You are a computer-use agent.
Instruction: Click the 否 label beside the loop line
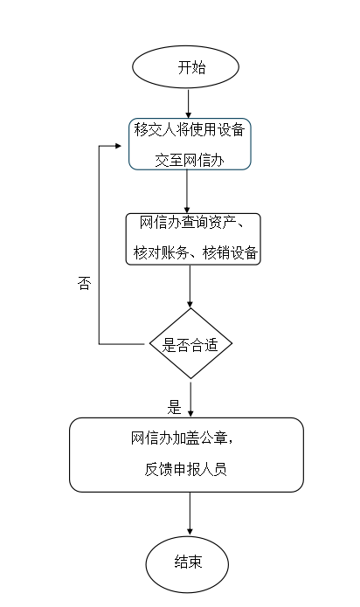click(85, 283)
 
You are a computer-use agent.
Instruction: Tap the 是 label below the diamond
click(174, 407)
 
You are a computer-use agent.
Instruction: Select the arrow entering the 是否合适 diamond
click(190, 286)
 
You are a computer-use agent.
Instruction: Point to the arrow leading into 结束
click(190, 514)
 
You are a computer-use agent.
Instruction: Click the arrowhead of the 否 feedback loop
click(118, 146)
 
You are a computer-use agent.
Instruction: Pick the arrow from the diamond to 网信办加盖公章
click(190, 399)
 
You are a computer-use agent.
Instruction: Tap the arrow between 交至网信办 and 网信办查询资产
click(187, 191)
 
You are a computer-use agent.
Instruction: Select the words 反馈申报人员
click(185, 469)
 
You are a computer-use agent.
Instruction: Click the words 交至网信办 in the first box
click(190, 160)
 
